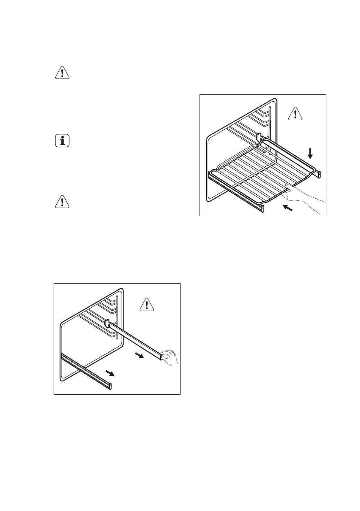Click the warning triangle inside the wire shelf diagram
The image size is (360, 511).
point(295,113)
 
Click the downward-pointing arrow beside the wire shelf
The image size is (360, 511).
point(310,152)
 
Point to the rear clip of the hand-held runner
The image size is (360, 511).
point(107,322)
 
